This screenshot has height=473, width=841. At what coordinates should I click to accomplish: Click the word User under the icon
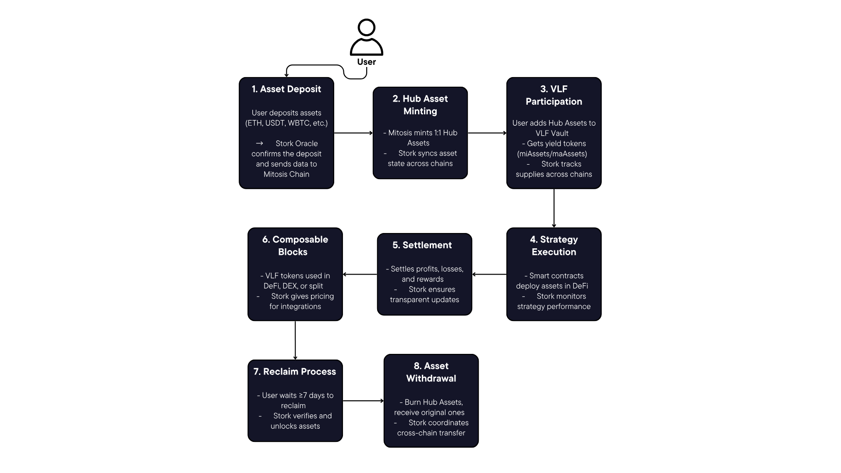367,62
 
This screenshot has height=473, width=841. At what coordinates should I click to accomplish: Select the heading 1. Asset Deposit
286,89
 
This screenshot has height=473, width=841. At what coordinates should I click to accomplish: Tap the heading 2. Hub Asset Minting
420,105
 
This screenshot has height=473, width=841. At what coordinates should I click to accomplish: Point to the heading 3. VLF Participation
554,95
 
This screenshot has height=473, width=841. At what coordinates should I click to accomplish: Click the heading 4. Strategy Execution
554,246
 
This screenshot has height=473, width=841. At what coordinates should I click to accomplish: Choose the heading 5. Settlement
422,245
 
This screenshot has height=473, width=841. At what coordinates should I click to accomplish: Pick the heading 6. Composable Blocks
295,246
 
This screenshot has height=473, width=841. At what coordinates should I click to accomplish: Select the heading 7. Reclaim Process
295,371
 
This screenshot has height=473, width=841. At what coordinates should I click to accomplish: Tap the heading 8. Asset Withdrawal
431,372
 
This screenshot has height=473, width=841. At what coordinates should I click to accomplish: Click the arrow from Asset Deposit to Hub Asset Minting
353,133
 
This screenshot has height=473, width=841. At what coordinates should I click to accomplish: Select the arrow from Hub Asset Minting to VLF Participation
487,133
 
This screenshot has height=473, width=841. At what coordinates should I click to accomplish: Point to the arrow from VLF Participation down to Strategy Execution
554,208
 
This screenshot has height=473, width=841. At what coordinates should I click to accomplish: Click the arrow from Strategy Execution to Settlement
489,275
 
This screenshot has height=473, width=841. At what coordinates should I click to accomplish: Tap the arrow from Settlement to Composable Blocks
360,275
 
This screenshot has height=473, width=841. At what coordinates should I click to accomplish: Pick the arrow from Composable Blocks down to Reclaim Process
295,340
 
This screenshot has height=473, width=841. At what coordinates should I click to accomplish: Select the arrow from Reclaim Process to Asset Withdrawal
363,401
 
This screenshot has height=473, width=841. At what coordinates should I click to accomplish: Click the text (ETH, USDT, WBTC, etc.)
286,123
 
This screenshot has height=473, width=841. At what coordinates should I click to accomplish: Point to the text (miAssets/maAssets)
552,154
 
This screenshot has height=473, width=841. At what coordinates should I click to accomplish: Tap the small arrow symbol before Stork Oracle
259,143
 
